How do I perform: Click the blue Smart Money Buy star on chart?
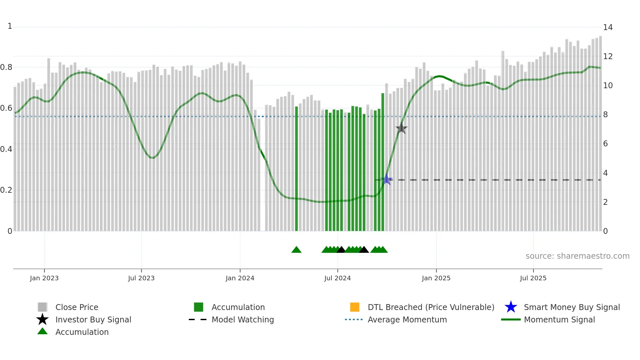[x=387, y=180]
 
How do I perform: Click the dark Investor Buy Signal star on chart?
[x=401, y=129]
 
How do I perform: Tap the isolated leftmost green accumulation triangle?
[x=296, y=250]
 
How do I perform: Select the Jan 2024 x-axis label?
[x=240, y=278]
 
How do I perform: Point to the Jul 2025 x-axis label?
[x=533, y=278]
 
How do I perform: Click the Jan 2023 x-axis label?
[x=44, y=278]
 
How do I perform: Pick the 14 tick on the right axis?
[x=608, y=27]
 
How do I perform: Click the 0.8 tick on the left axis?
[x=6, y=67]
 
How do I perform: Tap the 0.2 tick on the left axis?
[x=6, y=190]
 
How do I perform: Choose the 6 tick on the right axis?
[x=605, y=144]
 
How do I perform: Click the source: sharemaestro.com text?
[x=577, y=256]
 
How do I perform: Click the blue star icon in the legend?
[x=511, y=307]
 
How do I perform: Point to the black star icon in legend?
[x=42, y=319]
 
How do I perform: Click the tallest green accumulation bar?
[x=383, y=162]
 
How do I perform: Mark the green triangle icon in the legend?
[x=42, y=332]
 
